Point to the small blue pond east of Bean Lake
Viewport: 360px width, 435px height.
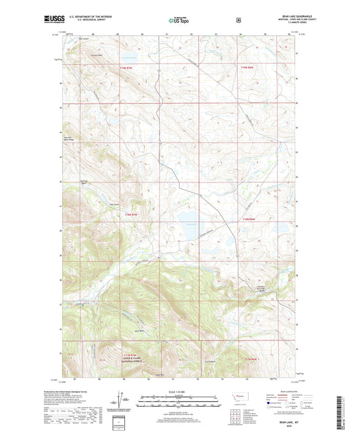point(229,240)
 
